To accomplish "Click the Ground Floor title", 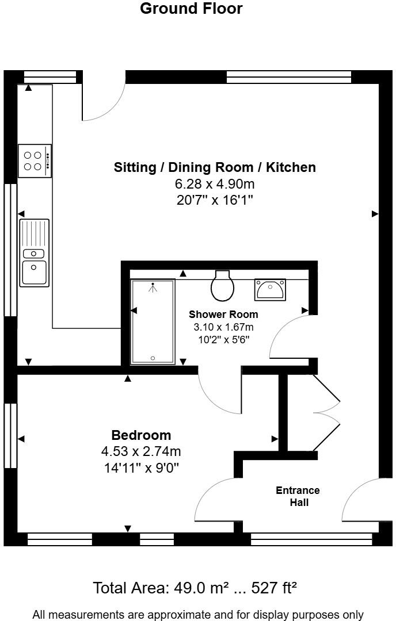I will point(191,9).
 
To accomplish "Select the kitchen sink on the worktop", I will point(35,252).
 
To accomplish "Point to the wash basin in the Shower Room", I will point(270,289).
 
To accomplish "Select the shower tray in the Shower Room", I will point(153,321).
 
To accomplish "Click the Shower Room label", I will point(223,315).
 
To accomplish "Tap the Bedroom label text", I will point(141,435).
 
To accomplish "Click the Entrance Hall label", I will point(298,496).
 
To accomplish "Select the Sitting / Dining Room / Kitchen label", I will point(215,167).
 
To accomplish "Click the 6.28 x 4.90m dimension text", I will point(215,184).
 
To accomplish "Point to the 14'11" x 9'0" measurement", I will point(141,467).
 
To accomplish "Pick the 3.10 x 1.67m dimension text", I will point(223,327).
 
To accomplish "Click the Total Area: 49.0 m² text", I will point(195,588).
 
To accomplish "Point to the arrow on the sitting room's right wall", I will point(375,214).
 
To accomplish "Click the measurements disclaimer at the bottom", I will point(198,615).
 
